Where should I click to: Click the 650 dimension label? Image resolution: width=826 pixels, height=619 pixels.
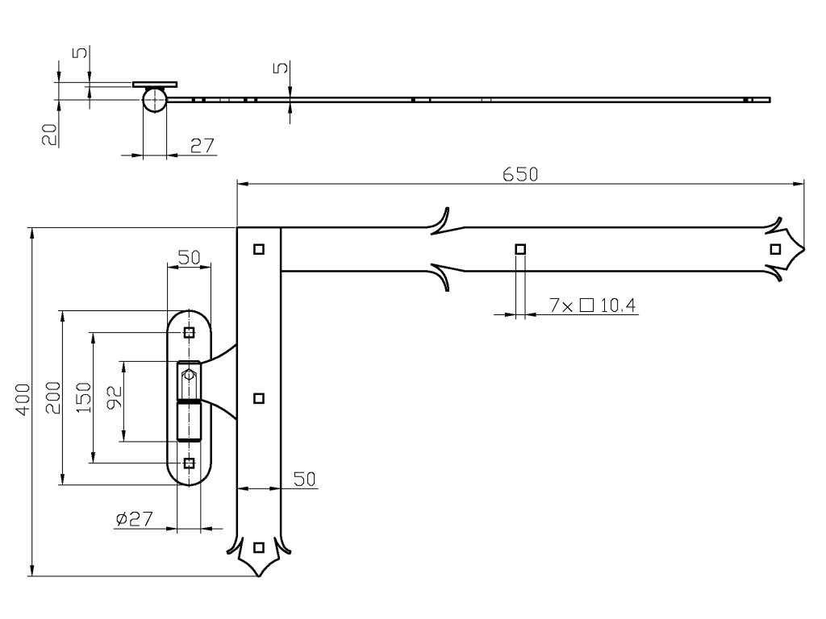point(520,174)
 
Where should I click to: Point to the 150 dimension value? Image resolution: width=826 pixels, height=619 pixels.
point(84,399)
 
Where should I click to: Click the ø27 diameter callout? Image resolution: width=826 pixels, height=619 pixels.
point(134,519)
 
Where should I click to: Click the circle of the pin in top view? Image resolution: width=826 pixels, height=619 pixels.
point(156,100)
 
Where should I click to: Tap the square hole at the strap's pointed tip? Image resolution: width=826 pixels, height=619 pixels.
point(775,249)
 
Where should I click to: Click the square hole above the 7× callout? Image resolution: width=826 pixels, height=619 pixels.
point(520,249)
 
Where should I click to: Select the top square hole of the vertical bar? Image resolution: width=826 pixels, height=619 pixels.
point(258,249)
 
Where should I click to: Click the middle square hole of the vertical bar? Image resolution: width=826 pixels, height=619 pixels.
point(258,397)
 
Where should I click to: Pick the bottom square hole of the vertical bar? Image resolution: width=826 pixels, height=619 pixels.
point(258,547)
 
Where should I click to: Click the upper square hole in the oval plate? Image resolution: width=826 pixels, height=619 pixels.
point(189,332)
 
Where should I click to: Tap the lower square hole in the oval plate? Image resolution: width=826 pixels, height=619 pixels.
point(189,463)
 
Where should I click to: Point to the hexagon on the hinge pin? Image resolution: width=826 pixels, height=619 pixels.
point(189,374)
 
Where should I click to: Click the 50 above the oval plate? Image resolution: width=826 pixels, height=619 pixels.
point(189,257)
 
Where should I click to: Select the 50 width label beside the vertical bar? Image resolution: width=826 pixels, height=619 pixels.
point(303,480)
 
